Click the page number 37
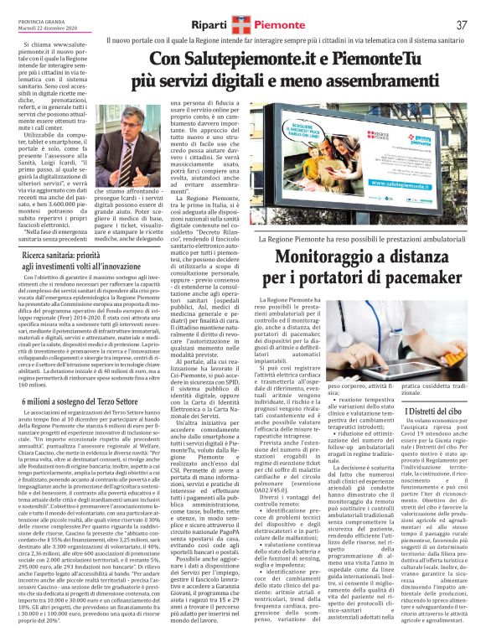461,24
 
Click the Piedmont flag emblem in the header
244,24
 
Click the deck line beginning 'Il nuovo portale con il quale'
285,41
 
